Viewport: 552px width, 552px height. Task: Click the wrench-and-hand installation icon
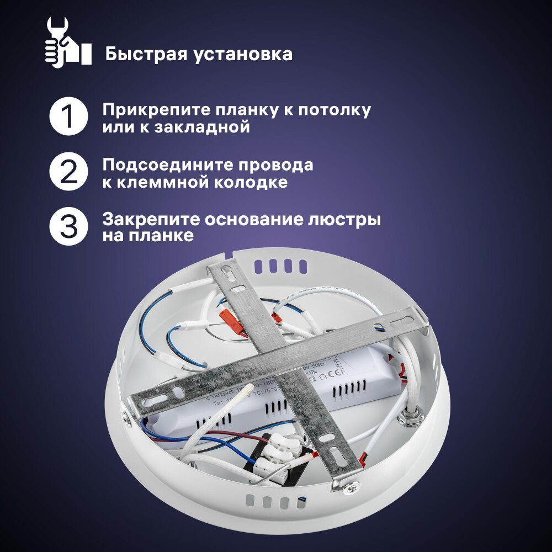click(x=67, y=43)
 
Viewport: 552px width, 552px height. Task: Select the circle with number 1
click(x=68, y=117)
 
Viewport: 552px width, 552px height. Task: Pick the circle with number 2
click(x=68, y=172)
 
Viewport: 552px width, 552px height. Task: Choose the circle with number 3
click(x=68, y=227)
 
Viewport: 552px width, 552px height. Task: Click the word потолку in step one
click(x=335, y=109)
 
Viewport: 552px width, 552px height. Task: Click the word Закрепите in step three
click(x=150, y=219)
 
